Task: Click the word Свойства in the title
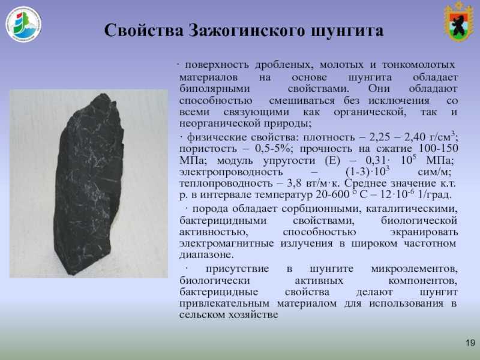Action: click(x=143, y=31)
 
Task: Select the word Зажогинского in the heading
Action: click(x=247, y=31)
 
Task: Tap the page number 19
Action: click(x=470, y=343)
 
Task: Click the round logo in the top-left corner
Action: click(x=23, y=24)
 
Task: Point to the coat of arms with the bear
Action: click(x=459, y=22)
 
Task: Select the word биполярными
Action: click(x=215, y=89)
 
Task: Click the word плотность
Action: click(x=329, y=137)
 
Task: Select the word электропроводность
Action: click(x=231, y=172)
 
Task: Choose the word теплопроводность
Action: click(x=226, y=184)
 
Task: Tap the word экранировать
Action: click(x=424, y=232)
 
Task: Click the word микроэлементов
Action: click(x=415, y=269)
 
